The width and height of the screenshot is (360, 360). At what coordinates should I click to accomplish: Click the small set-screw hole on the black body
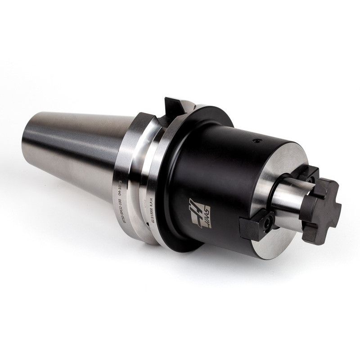(257, 141)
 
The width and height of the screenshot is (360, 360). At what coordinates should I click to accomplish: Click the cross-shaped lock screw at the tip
(320, 210)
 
